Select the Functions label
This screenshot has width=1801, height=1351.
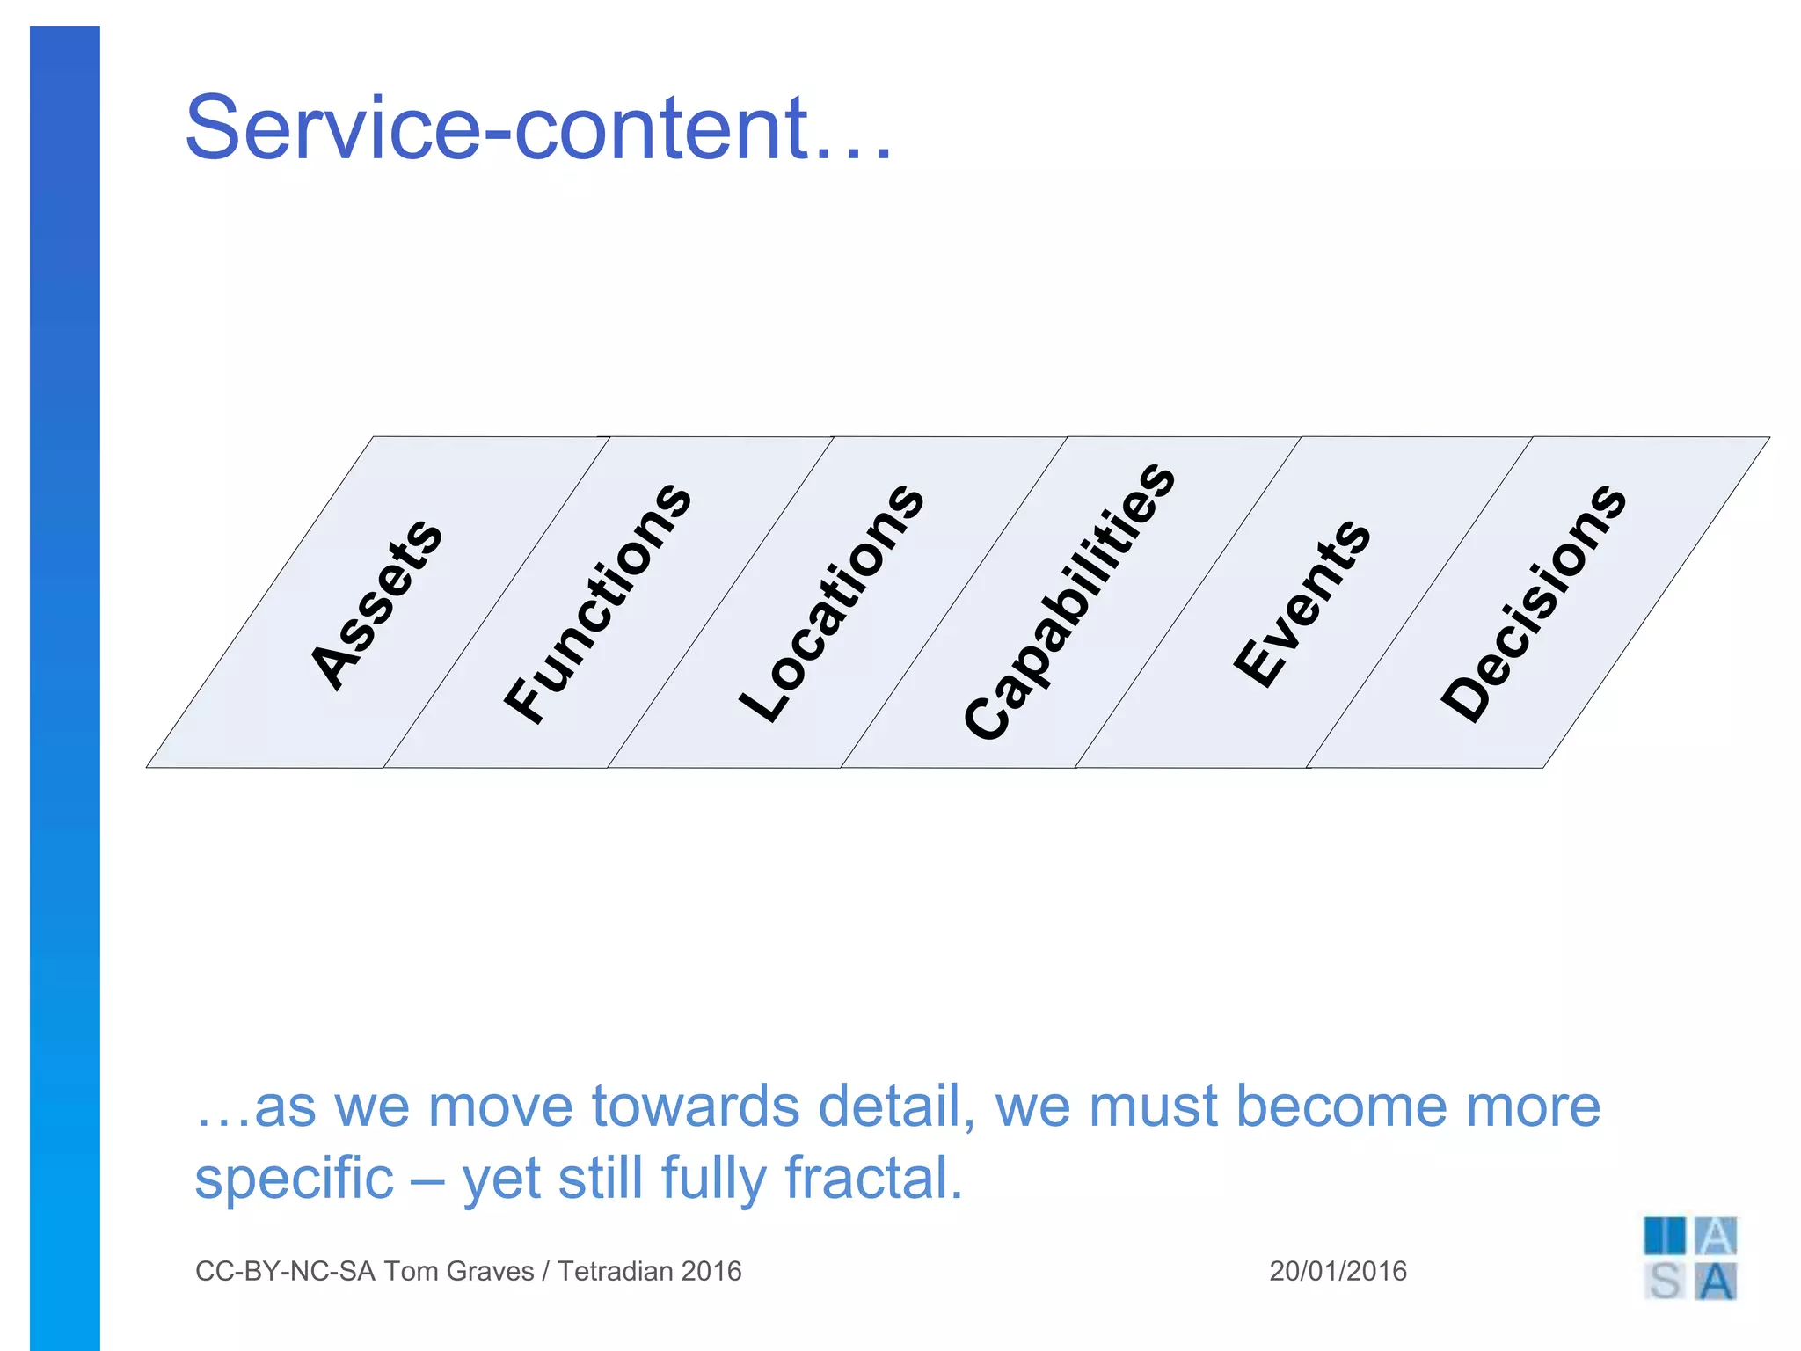coord(598,603)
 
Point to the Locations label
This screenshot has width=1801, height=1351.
coord(832,603)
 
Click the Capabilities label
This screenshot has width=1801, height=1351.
coord(1069,602)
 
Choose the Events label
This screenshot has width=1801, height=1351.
coord(1302,602)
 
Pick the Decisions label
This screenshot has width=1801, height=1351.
coord(1534,602)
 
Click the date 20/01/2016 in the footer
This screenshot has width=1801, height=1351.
coord(1338,1271)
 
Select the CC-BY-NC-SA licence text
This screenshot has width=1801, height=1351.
coord(285,1271)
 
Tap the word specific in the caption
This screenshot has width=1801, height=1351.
coord(294,1179)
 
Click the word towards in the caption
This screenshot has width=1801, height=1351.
coord(695,1106)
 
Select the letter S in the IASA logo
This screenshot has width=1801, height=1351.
coord(1665,1282)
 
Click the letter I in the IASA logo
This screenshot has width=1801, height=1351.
coord(1665,1236)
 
